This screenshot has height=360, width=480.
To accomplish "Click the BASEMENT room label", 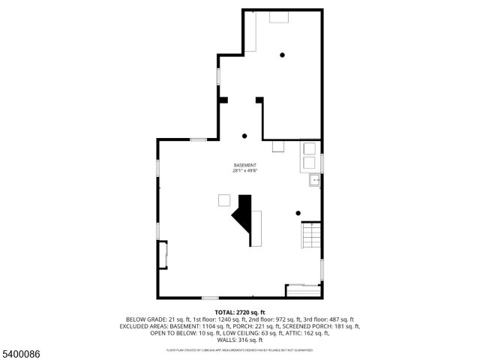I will click(x=244, y=165).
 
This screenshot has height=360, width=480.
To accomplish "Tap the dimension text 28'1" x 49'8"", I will click(x=244, y=171).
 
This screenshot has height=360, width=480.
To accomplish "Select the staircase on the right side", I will click(x=311, y=236).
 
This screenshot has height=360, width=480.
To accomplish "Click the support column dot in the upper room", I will click(x=283, y=55).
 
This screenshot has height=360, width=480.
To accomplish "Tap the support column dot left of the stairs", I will click(x=298, y=213).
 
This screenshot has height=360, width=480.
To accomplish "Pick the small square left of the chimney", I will click(x=224, y=200).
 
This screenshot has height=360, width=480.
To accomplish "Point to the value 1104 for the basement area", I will click(x=208, y=326).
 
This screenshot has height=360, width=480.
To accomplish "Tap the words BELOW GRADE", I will click(x=143, y=319).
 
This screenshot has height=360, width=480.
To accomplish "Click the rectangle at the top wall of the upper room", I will click(x=279, y=16).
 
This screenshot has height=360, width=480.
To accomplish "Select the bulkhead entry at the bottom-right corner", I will click(x=304, y=288).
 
